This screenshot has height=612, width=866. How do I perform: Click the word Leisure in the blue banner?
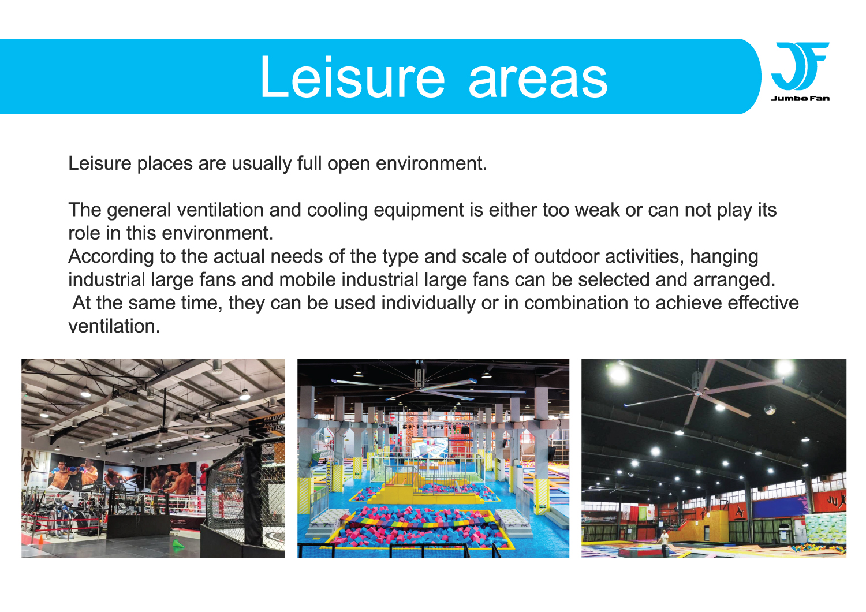352,77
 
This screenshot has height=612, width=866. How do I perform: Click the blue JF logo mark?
800,66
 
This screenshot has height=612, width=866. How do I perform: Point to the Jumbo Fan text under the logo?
800,98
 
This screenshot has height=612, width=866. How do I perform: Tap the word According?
111,257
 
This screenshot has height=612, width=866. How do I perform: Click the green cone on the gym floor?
178,544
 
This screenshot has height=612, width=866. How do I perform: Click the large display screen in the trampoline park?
428,447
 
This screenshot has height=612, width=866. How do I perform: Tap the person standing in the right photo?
664,542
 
